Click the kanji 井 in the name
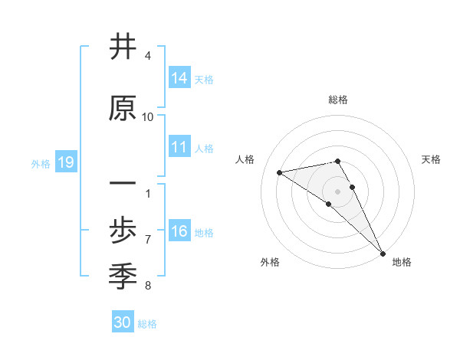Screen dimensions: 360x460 coord(123,47)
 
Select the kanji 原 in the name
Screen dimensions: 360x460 coord(123,109)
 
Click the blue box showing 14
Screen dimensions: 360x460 coord(179,79)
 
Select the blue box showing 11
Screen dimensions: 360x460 coord(179,148)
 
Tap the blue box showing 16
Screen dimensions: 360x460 coord(179,232)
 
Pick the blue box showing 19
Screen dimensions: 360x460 coord(66,162)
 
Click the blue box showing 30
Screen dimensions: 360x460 coord(123,322)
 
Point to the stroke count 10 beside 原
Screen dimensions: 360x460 coord(148,116)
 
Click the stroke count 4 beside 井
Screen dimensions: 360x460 coord(148,56)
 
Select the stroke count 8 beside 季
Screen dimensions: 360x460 coord(148,286)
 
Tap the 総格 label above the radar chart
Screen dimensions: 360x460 coord(338,100)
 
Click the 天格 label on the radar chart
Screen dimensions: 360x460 coord(431,159)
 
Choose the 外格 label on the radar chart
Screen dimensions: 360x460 coord(270,262)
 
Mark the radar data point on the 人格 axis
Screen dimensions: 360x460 coord(280,172)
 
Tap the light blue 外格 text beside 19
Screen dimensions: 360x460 coord(40,163)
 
